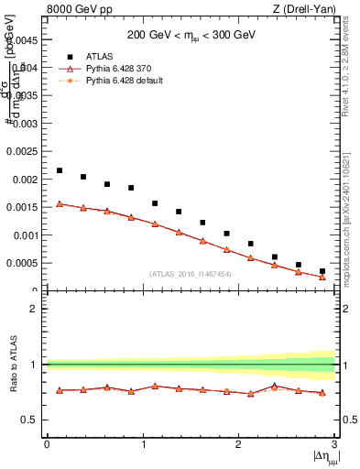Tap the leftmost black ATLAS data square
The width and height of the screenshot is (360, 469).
click(x=60, y=170)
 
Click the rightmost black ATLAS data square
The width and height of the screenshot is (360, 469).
click(x=322, y=271)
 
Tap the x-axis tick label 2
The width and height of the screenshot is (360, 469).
click(x=238, y=443)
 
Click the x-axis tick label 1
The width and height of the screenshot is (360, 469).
click(x=142, y=443)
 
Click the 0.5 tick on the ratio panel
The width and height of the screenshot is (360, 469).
click(x=31, y=420)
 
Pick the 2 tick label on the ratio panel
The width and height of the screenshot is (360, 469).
click(x=34, y=309)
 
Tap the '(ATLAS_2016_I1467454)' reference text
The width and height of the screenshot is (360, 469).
click(x=191, y=274)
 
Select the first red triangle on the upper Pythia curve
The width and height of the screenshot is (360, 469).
click(x=60, y=203)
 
